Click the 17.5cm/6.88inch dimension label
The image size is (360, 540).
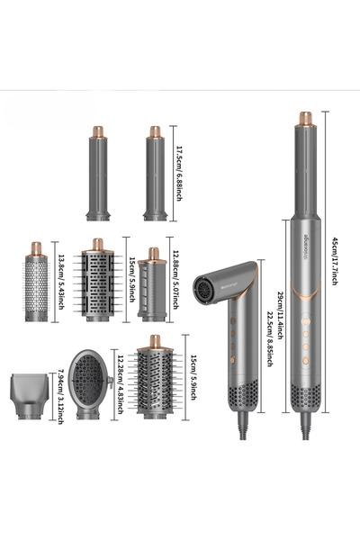pyautogui.click(x=179, y=173)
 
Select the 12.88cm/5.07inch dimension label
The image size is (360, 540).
pyautogui.click(x=179, y=281)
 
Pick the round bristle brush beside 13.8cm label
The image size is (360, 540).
pyautogui.click(x=35, y=280)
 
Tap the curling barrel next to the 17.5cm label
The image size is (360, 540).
pyautogui.click(x=154, y=175)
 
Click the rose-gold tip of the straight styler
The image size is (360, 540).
pyautogui.click(x=305, y=119)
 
